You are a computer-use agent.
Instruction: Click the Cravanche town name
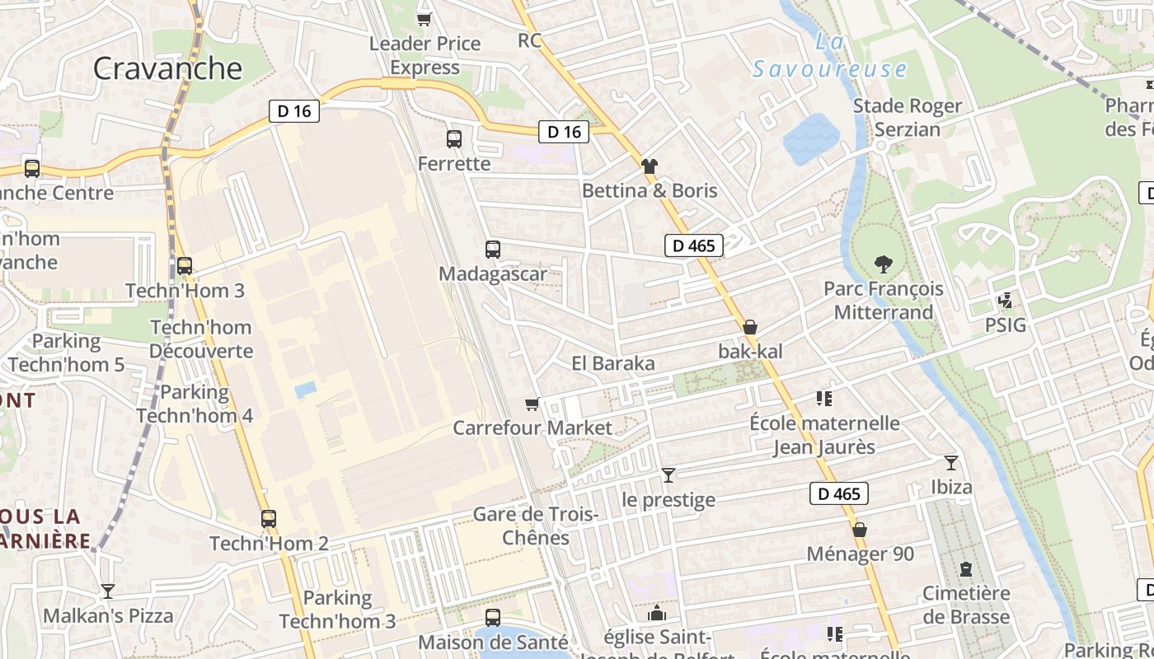[167, 68]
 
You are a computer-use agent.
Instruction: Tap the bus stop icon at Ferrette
[454, 139]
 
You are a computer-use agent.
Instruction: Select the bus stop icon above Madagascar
[493, 249]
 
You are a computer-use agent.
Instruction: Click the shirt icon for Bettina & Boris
[650, 166]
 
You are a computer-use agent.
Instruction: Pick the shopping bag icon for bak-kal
[750, 327]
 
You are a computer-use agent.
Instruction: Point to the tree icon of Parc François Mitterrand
[884, 264]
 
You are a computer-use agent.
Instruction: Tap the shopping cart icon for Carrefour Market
[532, 404]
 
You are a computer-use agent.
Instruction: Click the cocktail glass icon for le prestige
[668, 475]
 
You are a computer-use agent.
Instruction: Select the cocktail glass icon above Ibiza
[951, 463]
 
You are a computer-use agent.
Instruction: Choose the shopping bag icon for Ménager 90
[860, 530]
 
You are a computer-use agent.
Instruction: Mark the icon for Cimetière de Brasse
[965, 569]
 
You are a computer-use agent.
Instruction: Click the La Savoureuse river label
[830, 56]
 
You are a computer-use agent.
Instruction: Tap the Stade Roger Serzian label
[907, 117]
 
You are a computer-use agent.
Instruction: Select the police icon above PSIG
[1005, 301]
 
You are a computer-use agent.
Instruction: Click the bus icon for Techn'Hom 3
[185, 266]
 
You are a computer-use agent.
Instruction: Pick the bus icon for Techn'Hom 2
[269, 519]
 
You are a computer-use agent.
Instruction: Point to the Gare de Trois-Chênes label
[534, 526]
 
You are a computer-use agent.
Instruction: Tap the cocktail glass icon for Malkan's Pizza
[108, 591]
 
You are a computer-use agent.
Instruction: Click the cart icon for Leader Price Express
[425, 18]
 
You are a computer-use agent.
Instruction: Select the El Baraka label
[612, 363]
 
